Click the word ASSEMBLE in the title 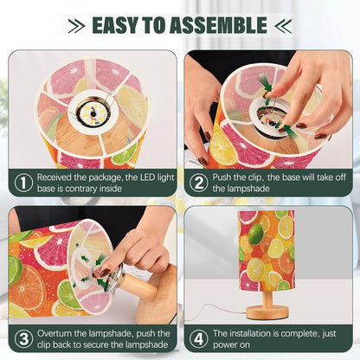[218, 25]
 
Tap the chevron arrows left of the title [76, 26]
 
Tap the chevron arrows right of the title [283, 26]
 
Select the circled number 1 [23, 183]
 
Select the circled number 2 [198, 183]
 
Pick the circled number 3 [23, 338]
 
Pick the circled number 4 [198, 338]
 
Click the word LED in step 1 [148, 177]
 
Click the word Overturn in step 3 [55, 333]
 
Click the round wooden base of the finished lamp [267, 312]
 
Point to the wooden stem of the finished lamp [267, 299]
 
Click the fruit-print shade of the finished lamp [267, 251]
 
